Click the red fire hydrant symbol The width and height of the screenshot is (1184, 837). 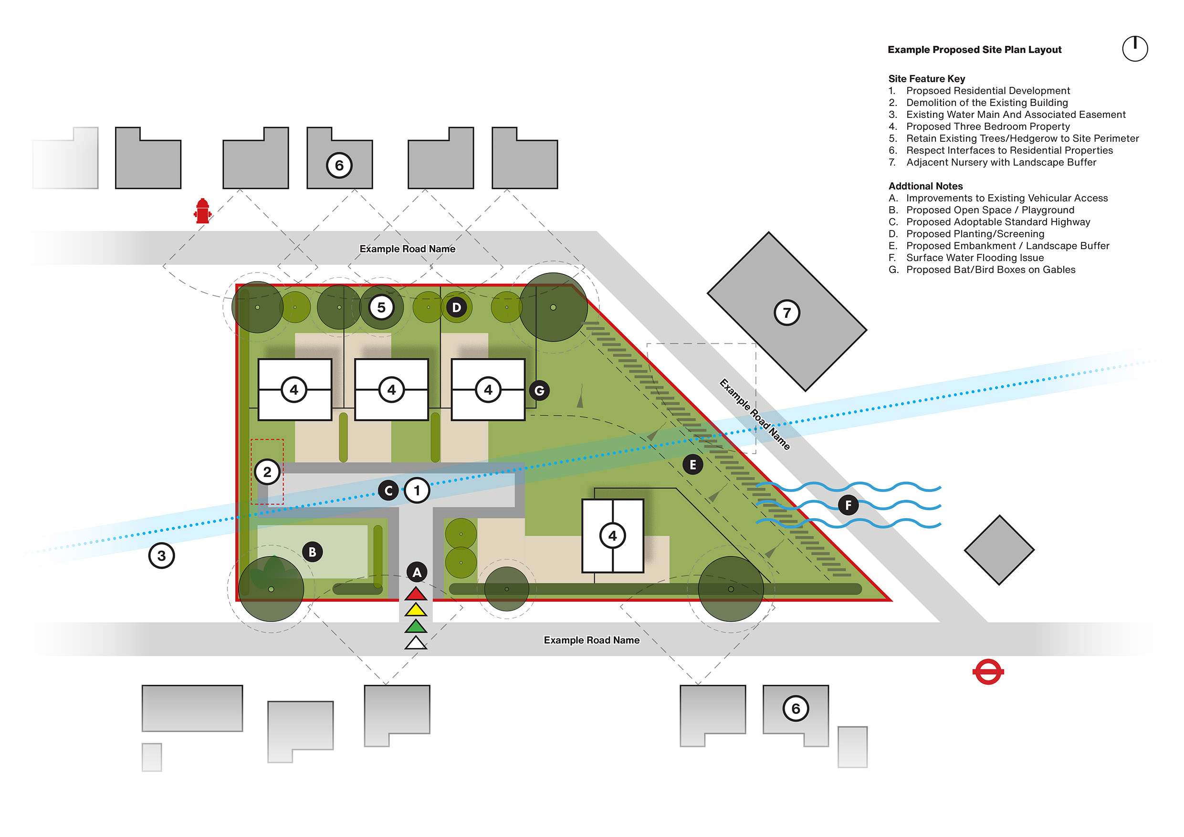(203, 211)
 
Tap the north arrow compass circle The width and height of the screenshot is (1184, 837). (1135, 49)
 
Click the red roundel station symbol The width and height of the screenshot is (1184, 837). (987, 671)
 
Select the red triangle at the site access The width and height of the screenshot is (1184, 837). (416, 594)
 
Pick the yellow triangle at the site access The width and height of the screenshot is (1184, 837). (416, 611)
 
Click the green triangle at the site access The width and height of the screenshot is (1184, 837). (416, 627)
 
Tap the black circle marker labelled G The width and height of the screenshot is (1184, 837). (539, 390)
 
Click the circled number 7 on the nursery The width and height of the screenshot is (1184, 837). (787, 313)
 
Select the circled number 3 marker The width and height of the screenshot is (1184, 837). (161, 555)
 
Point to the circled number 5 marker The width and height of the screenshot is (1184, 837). (381, 307)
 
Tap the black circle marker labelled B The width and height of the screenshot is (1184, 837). (313, 552)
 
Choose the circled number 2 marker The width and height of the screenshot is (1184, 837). (267, 471)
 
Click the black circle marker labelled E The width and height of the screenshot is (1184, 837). (692, 465)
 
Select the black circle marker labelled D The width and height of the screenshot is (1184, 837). (456, 307)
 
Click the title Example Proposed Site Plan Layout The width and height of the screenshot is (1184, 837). (974, 50)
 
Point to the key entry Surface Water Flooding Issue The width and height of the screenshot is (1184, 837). (974, 258)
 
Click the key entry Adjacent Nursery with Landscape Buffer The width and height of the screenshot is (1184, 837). (1001, 162)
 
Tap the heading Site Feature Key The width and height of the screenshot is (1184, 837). (926, 79)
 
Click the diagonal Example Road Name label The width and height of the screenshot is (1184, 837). (754, 414)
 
